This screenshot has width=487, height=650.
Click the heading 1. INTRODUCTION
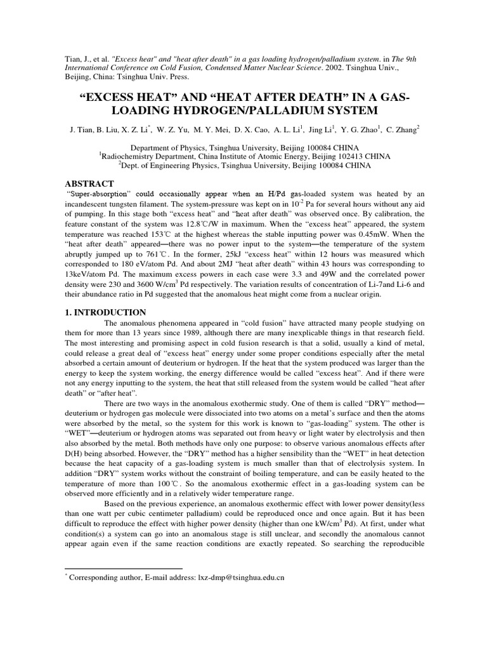pyautogui.click(x=106, y=312)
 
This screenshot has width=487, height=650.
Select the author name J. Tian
pyautogui.click(x=81, y=129)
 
